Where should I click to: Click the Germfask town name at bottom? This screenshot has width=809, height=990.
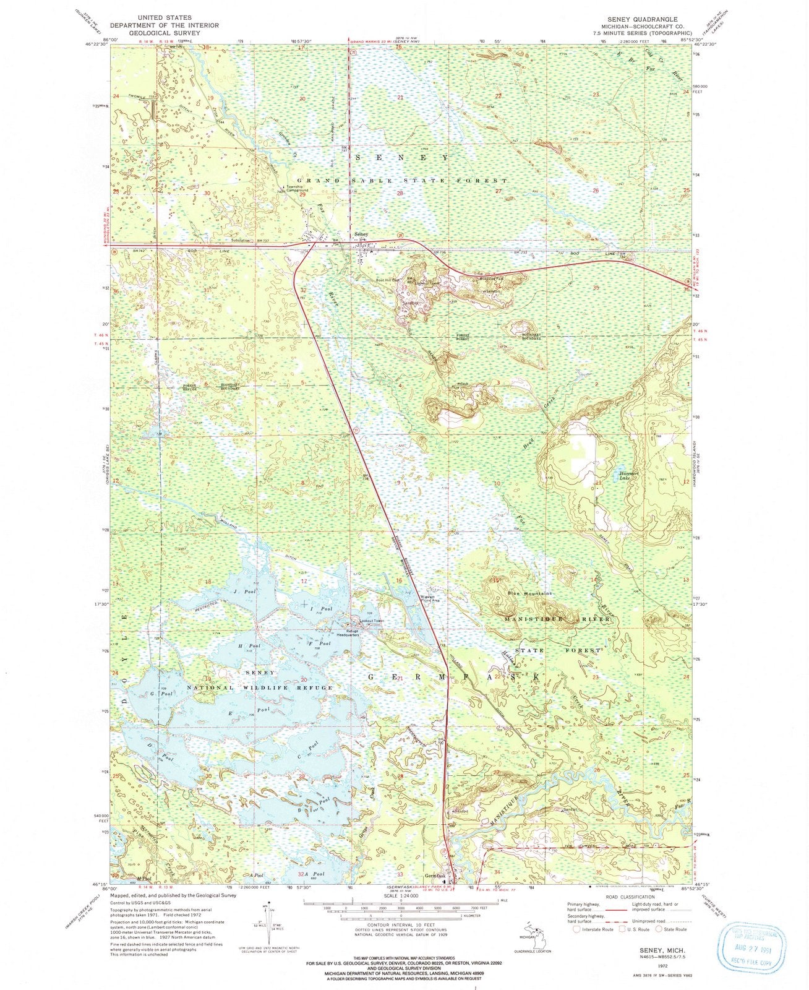coord(435,876)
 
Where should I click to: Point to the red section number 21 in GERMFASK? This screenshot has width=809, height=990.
coord(400,679)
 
